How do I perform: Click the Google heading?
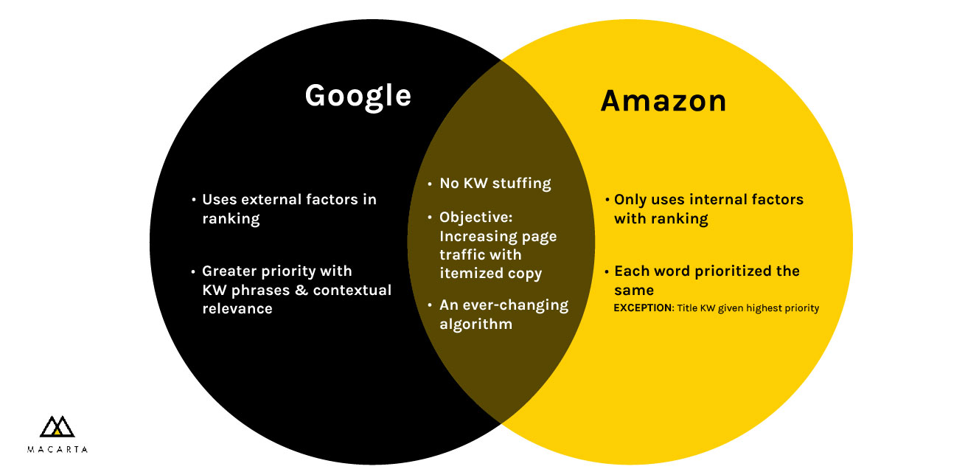[358, 96]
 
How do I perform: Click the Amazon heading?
[663, 101]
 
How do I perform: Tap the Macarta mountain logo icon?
[57, 426]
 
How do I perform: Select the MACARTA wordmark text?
[58, 449]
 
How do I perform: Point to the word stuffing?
[521, 183]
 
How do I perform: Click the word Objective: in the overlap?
[476, 218]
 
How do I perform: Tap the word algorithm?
[476, 324]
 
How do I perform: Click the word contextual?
[352, 290]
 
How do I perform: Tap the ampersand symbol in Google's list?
[301, 290]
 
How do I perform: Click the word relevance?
[237, 308]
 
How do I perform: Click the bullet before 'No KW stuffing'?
[430, 184]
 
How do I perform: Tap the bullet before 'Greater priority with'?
[193, 272]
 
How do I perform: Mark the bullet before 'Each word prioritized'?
[607, 272]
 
